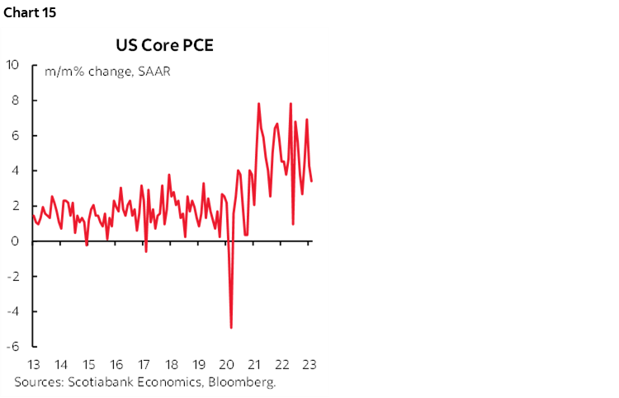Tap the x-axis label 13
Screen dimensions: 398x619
tap(34, 365)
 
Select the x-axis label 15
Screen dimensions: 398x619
tap(88, 365)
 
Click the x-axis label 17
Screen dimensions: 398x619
tap(144, 365)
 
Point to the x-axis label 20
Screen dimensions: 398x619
tap(226, 365)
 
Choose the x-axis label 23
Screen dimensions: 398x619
tap(309, 365)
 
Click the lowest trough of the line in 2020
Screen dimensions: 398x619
tap(231, 328)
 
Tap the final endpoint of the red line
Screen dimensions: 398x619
tap(311, 181)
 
